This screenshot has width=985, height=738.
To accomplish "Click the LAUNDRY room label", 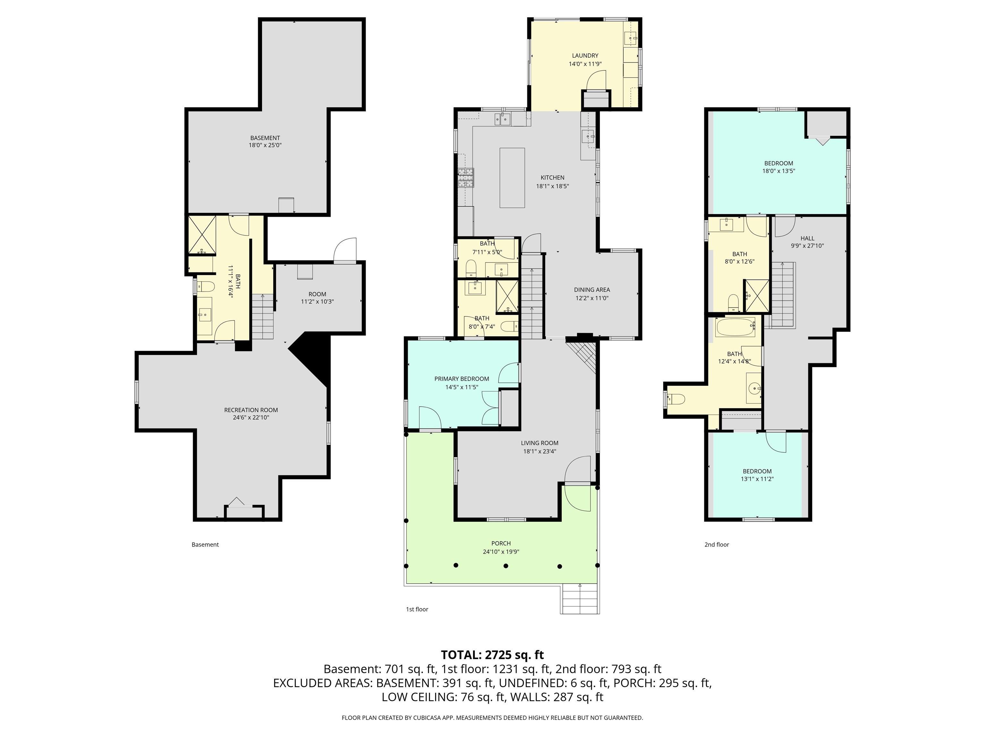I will click(x=585, y=56).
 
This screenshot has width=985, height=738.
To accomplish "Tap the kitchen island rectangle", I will click(x=512, y=178).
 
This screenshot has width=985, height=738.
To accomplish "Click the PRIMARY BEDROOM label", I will click(x=461, y=379).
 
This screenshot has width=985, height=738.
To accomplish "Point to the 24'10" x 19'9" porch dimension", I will click(x=501, y=552).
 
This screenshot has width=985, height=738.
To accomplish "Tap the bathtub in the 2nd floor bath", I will click(x=735, y=327).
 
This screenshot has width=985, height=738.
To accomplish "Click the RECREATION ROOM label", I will click(x=251, y=410).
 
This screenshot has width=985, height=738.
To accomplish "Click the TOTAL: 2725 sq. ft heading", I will click(x=492, y=655).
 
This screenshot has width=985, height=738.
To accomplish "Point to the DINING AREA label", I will click(x=592, y=290).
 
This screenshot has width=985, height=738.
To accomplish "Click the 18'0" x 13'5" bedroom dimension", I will click(x=779, y=171).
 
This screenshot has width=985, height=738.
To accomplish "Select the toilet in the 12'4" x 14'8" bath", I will click(x=677, y=399).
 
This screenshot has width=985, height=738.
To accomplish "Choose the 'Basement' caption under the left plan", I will click(x=205, y=545).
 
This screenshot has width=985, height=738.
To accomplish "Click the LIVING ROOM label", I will click(x=539, y=443).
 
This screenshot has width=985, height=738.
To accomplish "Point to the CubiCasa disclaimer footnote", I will click(x=492, y=717).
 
